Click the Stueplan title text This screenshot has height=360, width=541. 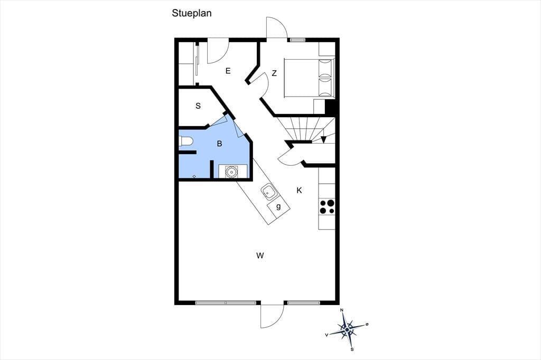[x=191, y=13]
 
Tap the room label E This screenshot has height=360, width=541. [x=228, y=71]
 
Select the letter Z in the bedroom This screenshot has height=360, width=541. [x=274, y=73]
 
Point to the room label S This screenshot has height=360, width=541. [x=198, y=106]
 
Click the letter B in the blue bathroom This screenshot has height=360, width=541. [x=219, y=144]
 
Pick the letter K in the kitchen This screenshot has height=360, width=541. [x=299, y=191]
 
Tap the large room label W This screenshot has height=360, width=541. [x=260, y=255]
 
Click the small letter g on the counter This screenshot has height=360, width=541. [x=278, y=206]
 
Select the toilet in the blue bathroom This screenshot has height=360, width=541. [x=186, y=141]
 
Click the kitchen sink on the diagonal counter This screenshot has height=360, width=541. [x=268, y=192]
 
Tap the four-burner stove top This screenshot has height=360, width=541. [x=327, y=206]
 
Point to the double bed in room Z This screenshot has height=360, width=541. [x=309, y=78]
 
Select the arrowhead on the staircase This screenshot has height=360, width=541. [x=323, y=139]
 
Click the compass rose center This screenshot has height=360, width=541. [x=347, y=330]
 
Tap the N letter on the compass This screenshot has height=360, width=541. [x=342, y=310]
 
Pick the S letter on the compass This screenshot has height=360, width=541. [x=352, y=349]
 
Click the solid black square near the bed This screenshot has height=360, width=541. [x=330, y=106]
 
